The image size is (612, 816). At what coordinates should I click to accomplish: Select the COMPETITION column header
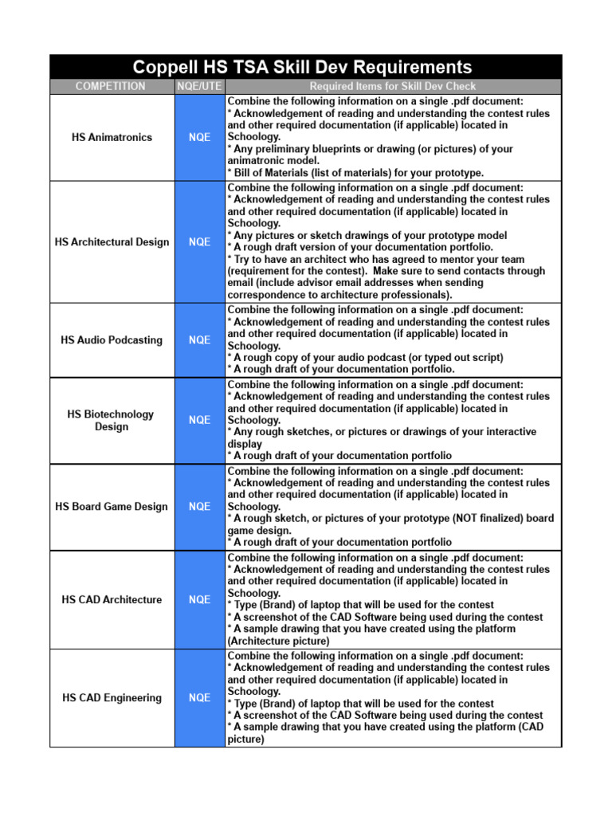(111, 86)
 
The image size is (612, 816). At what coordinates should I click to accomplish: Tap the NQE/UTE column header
(199, 86)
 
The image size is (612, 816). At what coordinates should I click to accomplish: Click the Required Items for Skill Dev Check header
(393, 86)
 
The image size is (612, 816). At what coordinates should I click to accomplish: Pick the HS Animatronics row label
(112, 137)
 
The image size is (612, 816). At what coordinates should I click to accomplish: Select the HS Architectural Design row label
(112, 241)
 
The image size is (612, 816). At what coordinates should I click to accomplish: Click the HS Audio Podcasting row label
(112, 339)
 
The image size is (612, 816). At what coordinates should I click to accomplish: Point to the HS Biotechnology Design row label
(112, 420)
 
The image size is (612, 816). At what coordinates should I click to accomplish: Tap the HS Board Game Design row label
(112, 506)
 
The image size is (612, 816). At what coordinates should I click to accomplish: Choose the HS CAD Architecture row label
(112, 599)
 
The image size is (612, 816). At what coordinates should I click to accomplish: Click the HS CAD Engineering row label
(112, 697)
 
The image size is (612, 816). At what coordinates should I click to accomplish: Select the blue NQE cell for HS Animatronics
(199, 137)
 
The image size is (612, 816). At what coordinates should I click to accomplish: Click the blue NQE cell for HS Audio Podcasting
(199, 339)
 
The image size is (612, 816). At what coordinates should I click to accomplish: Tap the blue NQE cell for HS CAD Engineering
(199, 697)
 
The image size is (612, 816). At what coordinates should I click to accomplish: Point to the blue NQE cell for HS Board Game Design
(199, 506)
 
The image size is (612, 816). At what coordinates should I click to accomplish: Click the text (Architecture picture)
(278, 640)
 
